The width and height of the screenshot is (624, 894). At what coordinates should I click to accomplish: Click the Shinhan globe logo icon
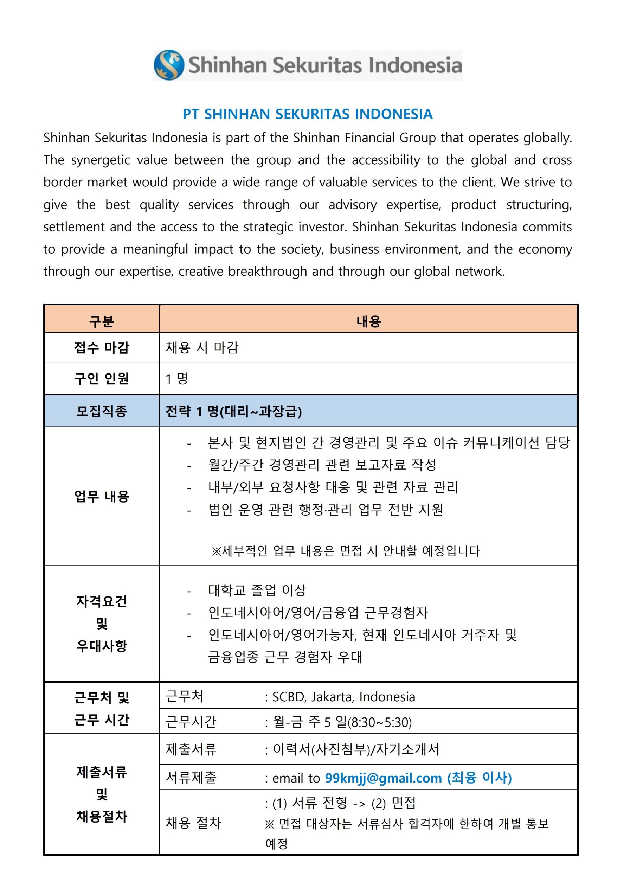(168, 65)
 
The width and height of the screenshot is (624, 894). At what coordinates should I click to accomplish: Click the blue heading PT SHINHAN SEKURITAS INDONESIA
(308, 114)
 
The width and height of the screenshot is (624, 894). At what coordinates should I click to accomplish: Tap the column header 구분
(102, 321)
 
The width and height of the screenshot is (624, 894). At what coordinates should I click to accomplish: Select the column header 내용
(368, 321)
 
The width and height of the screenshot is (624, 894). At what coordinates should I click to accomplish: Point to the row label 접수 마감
(102, 347)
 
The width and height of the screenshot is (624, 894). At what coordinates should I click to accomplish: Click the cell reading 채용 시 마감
(202, 347)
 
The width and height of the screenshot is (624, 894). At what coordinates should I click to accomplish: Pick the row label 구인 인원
(102, 378)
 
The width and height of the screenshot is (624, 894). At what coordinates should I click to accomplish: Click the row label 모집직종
(102, 411)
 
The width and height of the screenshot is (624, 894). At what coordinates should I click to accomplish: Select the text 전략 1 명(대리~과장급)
(233, 411)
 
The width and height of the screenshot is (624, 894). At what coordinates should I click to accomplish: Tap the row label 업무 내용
(102, 496)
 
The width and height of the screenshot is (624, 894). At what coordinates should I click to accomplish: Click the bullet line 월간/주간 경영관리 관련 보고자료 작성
(322, 465)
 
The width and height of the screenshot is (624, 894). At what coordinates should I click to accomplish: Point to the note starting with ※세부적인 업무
(345, 551)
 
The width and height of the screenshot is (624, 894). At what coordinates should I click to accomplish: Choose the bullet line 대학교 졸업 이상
(257, 590)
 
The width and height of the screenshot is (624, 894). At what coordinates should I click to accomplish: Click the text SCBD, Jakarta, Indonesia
(343, 697)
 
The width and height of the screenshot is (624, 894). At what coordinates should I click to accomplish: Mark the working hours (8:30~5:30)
(379, 722)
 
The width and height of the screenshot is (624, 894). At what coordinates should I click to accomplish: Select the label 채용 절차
(193, 823)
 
